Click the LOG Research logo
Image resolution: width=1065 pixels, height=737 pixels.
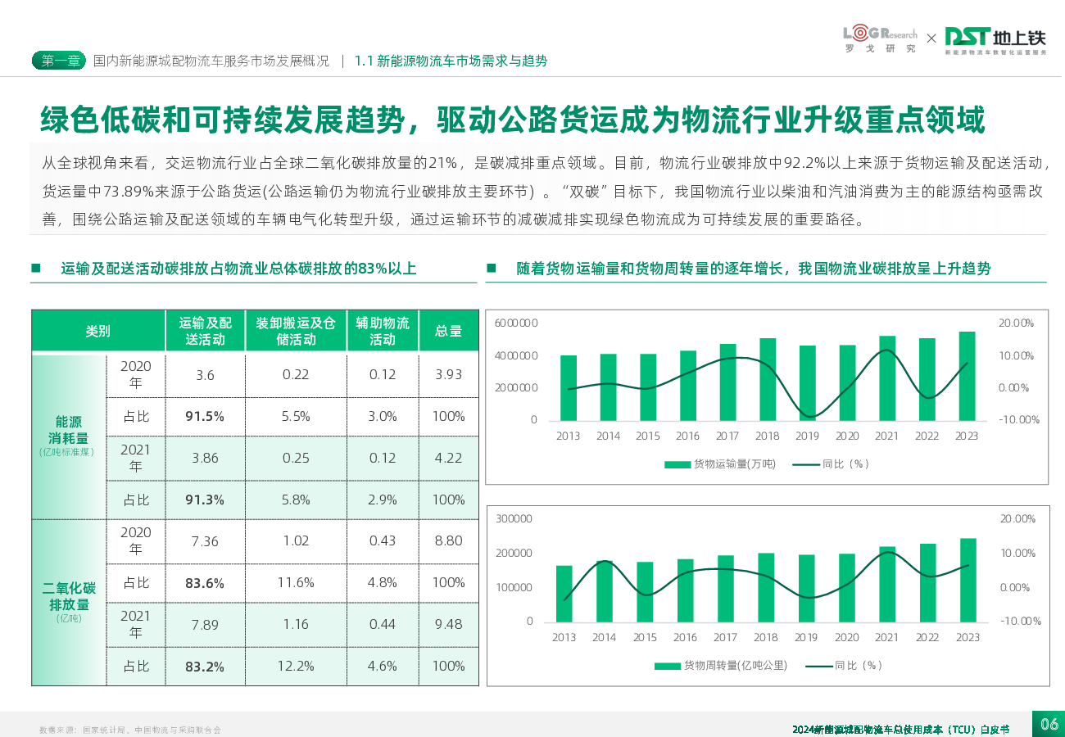pos(880,39)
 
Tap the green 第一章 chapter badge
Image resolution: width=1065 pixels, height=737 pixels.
pos(59,61)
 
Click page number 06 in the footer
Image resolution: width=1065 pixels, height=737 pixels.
pos(1049,724)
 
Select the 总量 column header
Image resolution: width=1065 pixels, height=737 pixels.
pos(448,331)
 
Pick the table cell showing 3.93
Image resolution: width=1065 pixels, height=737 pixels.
pos(448,374)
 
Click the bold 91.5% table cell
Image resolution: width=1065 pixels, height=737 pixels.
pos(205,416)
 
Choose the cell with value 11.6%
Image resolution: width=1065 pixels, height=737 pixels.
pos(296,582)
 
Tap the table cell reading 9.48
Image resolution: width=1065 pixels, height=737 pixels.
pos(448,624)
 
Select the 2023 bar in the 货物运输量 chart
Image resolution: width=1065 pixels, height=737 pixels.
pos(967,376)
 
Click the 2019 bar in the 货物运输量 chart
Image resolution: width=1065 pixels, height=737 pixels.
pos(808,383)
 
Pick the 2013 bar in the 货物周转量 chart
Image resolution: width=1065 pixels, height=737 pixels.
pos(564,593)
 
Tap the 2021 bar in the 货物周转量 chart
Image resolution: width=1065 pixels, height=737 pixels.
pos(887,584)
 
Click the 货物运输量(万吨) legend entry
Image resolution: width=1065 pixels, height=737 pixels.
pos(720,464)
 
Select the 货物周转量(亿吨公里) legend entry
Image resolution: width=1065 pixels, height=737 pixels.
pos(721,666)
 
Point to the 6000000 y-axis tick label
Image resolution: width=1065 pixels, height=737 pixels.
pos(516,323)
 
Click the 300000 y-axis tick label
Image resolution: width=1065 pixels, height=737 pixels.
pos(514,519)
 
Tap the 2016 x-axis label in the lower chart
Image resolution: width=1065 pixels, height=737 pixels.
pos(686,638)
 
